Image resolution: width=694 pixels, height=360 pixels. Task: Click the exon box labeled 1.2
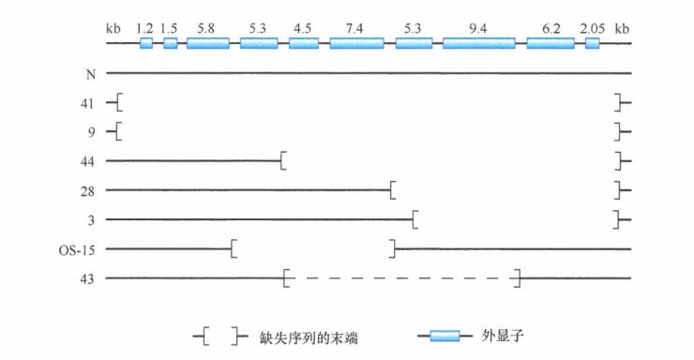pyautogui.click(x=146, y=43)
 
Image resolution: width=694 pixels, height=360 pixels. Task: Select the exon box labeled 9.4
pyautogui.click(x=479, y=43)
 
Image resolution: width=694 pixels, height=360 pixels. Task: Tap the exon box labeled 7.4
pyautogui.click(x=356, y=43)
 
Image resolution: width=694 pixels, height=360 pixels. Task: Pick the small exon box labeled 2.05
pyautogui.click(x=592, y=43)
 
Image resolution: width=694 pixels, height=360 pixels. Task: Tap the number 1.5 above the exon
pyautogui.click(x=170, y=28)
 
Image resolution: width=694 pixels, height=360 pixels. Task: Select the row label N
pyautogui.click(x=91, y=72)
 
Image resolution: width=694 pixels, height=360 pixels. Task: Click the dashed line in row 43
pyautogui.click(x=403, y=278)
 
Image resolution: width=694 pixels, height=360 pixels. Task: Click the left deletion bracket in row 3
pyautogui.click(x=415, y=219)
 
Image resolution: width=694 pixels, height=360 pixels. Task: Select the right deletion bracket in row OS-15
pyautogui.click(x=393, y=249)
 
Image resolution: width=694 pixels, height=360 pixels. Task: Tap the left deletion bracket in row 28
pyautogui.click(x=393, y=190)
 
